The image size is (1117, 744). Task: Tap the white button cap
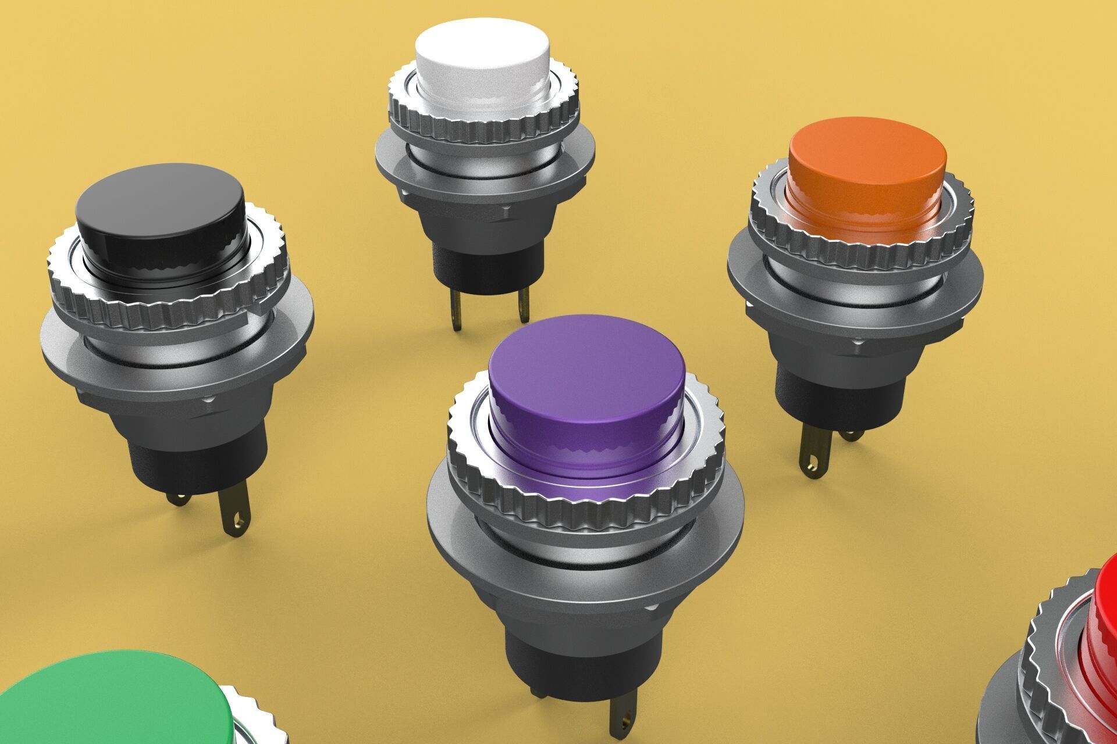[x=483, y=49]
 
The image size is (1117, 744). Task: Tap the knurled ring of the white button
[x=483, y=131]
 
